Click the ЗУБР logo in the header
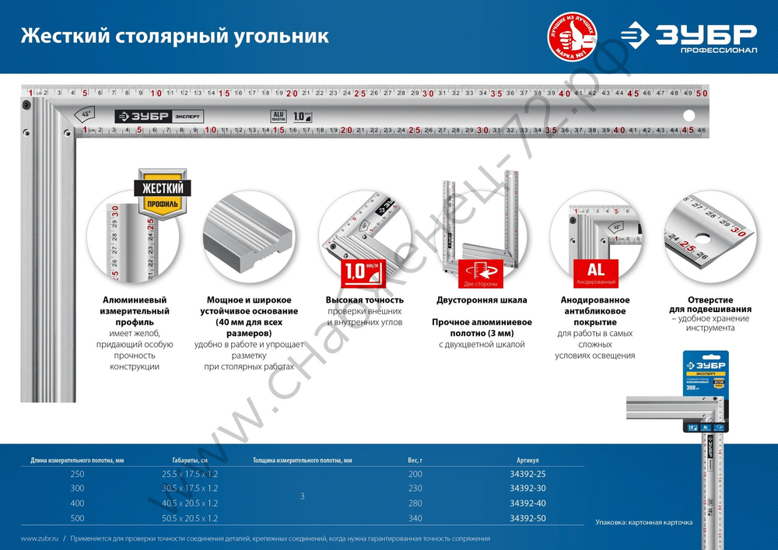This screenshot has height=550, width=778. (x=688, y=37)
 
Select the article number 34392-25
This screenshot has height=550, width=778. (x=527, y=474)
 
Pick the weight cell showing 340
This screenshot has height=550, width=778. (x=415, y=518)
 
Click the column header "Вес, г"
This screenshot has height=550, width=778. (x=415, y=460)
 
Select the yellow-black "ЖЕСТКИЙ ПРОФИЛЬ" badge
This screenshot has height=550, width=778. (x=163, y=194)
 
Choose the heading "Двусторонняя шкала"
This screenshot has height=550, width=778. (x=482, y=300)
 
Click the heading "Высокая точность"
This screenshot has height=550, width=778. (x=364, y=300)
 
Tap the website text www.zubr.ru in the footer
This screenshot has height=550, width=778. (x=37, y=538)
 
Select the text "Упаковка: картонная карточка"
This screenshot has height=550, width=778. (x=643, y=522)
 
